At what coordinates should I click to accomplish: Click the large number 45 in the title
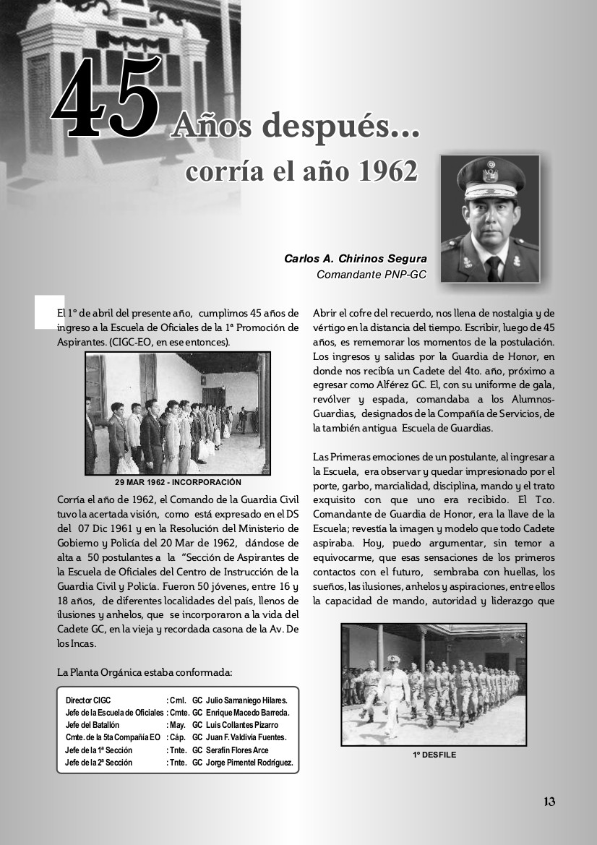tap(105, 100)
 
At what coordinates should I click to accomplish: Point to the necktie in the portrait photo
tap(494, 268)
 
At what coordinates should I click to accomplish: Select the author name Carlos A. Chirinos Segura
tap(355, 259)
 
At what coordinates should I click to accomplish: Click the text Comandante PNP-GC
tap(371, 274)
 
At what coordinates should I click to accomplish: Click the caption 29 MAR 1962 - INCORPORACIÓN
tap(178, 482)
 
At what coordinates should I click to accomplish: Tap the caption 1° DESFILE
tap(434, 755)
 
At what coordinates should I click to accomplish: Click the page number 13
tap(549, 801)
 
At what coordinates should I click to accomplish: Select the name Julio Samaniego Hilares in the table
tap(246, 700)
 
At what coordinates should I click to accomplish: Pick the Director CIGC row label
tap(88, 700)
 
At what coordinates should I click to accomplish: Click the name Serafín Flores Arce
tap(237, 750)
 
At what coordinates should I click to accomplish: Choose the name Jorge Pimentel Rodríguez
tap(249, 763)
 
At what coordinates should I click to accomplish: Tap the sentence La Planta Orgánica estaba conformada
tap(145, 672)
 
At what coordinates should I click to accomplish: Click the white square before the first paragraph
tap(49, 311)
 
